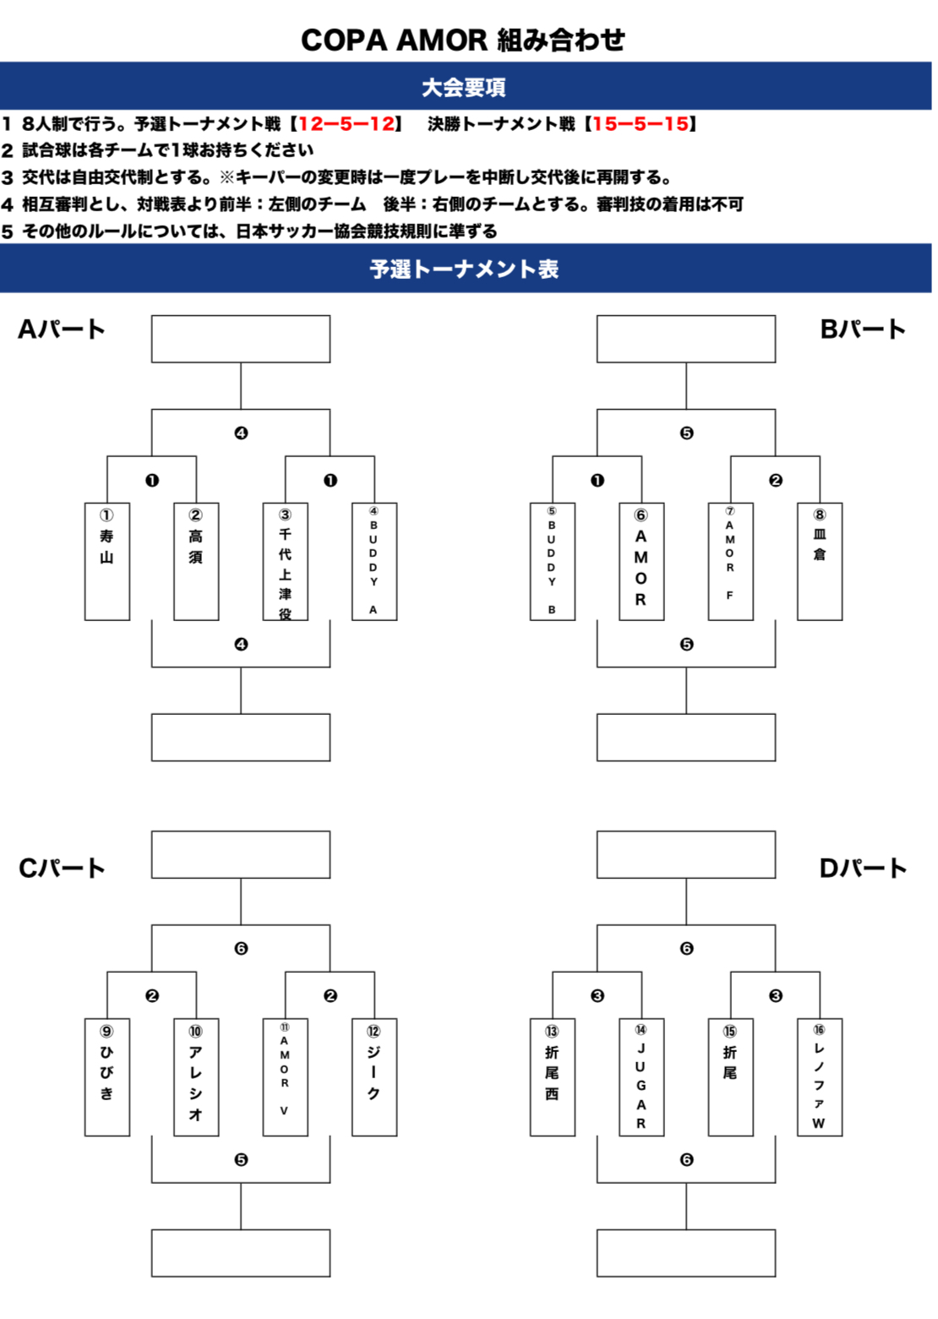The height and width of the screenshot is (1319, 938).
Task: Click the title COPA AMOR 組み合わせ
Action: pos(463,40)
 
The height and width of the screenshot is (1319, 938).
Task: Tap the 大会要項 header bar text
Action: pos(464,87)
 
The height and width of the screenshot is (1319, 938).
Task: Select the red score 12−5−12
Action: pos(346,124)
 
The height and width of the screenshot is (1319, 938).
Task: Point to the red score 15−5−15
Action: pos(641,124)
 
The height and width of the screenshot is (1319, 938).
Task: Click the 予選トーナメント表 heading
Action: pos(464,269)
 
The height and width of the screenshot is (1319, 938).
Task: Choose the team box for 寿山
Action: pos(107,561)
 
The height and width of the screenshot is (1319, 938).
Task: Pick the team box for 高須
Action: pos(196,561)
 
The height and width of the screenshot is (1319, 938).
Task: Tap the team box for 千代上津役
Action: pos(286,561)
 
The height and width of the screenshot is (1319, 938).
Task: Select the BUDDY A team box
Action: pos(374,561)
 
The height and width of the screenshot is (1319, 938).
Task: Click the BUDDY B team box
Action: pos(553,561)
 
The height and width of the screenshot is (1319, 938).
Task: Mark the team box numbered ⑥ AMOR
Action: pos(641,561)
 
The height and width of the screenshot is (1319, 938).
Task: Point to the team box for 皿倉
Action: pos(820,561)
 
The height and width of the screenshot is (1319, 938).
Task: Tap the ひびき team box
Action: pos(107,1076)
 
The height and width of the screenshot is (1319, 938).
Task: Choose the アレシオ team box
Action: pos(196,1076)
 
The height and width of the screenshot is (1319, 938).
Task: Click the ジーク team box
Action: pos(374,1076)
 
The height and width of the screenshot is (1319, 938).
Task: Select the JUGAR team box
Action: pos(641,1076)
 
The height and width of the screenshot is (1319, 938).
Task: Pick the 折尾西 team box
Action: pos(553,1076)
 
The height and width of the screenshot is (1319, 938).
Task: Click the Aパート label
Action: pos(62,330)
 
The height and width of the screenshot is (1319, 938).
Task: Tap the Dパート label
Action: pos(863,868)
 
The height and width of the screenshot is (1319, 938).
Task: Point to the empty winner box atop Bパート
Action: pos(686,339)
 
